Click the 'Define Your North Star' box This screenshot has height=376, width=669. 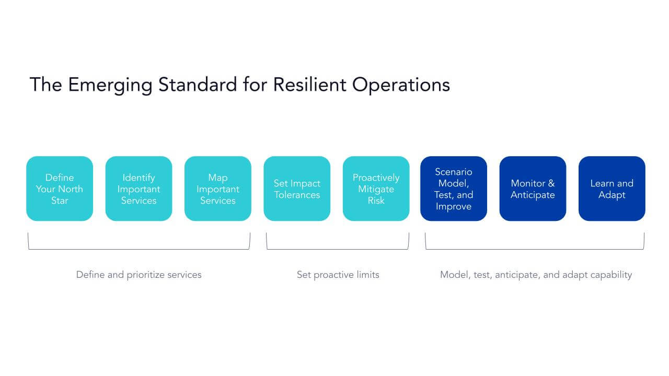click(60, 189)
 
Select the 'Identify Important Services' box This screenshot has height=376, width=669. click(139, 189)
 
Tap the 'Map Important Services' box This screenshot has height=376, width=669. click(217, 189)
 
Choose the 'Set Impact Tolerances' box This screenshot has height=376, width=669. click(297, 189)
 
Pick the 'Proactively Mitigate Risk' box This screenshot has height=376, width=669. click(376, 189)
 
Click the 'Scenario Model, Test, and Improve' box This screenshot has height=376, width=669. click(454, 189)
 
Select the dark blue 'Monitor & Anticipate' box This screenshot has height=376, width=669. click(533, 189)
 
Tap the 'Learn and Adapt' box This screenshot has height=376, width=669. click(612, 189)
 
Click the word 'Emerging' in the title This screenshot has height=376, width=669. click(110, 85)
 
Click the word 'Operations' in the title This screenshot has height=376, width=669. click(401, 85)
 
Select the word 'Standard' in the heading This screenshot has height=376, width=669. click(198, 85)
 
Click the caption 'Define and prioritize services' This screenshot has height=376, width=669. click(139, 275)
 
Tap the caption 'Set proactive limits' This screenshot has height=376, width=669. click(338, 275)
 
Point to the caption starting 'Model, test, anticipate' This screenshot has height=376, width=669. click(536, 275)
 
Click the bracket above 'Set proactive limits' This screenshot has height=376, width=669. click(338, 249)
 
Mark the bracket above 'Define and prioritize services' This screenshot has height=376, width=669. click(139, 249)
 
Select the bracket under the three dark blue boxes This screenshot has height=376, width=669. click(534, 249)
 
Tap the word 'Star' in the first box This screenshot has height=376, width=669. click(60, 201)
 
